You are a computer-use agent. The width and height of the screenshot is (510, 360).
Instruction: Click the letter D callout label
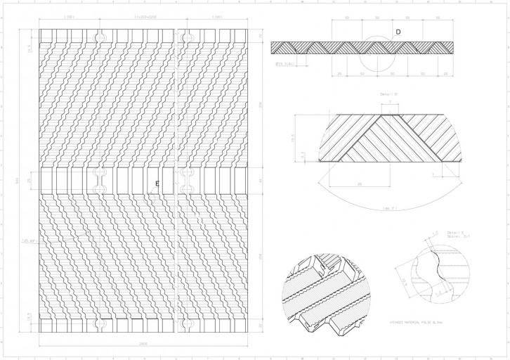(x=398, y=32)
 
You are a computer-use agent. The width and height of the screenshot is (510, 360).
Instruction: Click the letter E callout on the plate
(x=157, y=183)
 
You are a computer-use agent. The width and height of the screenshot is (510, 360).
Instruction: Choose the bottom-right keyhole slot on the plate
(x=187, y=323)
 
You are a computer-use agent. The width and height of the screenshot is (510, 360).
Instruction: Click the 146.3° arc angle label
(x=386, y=207)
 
